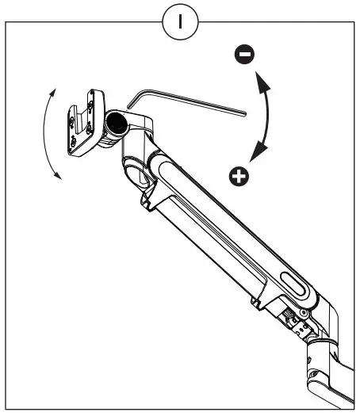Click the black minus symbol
(245, 54)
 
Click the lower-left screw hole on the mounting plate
(74, 143)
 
